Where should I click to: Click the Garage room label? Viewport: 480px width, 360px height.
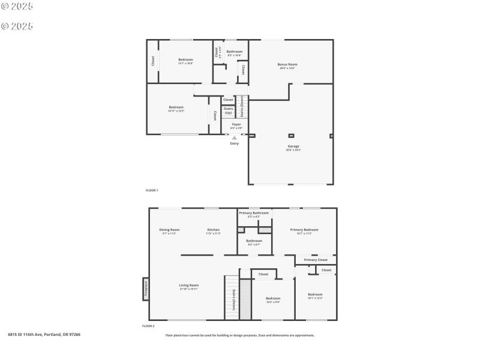pos(293,146)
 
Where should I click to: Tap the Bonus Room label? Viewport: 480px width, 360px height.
pos(287,64)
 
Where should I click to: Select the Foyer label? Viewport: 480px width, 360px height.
pos(236,124)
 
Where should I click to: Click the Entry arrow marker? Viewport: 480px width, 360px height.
pos(235,138)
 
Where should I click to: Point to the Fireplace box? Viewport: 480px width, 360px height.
pos(145,289)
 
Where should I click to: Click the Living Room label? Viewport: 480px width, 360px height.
pos(188,285)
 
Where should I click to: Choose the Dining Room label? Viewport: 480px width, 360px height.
pos(169,230)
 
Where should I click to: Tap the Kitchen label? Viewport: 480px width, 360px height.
pos(214,230)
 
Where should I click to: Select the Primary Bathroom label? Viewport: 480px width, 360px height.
pos(254,213)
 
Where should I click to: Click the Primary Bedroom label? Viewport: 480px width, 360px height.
pos(304,230)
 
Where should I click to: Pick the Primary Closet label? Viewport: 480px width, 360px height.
pos(315,260)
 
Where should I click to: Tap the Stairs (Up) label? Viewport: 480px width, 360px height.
pos(228,110)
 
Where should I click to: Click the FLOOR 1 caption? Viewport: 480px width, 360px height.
pos(152,190)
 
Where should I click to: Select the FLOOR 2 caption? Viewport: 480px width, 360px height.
pos(148,326)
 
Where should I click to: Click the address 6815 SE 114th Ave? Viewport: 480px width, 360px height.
pos(44,334)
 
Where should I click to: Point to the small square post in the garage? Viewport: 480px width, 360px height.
pos(292,135)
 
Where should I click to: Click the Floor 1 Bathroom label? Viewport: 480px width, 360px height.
pos(234,52)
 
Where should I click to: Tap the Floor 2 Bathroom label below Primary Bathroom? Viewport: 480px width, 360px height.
pos(254,241)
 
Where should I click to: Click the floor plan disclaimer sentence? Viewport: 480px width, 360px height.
pos(239,335)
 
